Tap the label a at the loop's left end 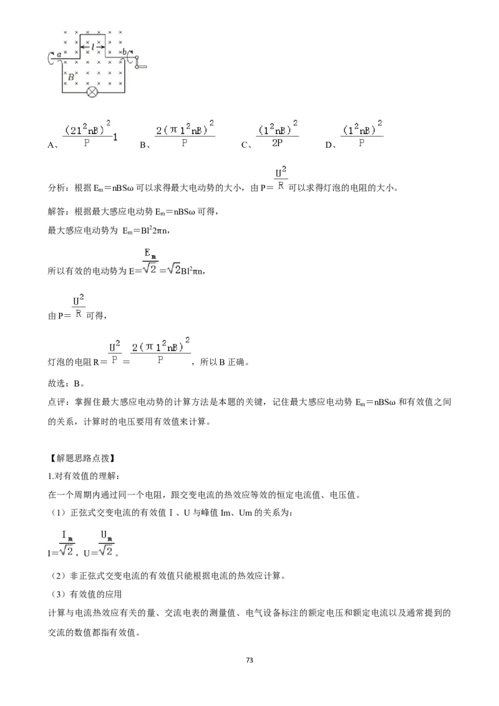(59, 54)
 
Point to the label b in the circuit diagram (124, 52)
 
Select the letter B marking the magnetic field (70, 77)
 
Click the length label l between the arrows (92, 46)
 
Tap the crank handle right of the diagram (140, 62)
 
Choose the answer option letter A (51, 145)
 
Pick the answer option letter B (143, 145)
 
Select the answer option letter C (245, 145)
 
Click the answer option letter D (329, 145)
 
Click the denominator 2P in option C (277, 143)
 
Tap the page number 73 (249, 660)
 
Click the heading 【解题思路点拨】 (81, 458)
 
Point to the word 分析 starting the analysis (57, 188)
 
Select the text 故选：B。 (66, 383)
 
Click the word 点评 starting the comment (57, 402)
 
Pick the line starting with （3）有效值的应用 (87, 594)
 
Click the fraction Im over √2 (67, 543)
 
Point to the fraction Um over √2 (106, 543)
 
